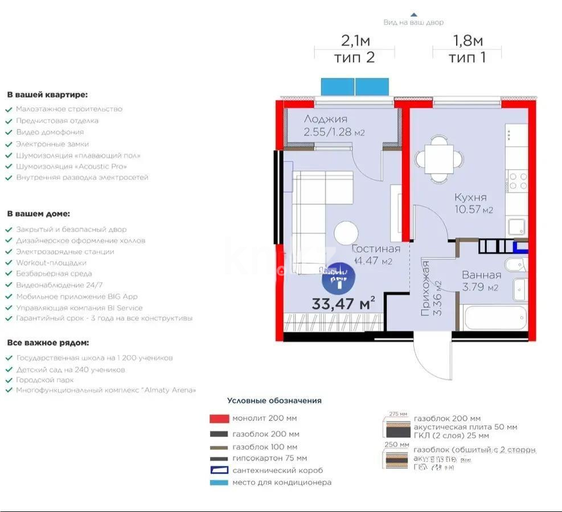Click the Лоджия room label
tap(325, 119)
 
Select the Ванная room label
tap(481, 275)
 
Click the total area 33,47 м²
tap(343, 303)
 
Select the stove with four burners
tap(517, 181)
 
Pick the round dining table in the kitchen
tap(438, 159)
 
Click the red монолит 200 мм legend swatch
tap(219, 419)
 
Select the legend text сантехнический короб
tap(277, 470)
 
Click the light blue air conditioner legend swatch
tap(219, 483)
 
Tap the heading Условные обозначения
tap(274, 400)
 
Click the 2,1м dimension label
tap(355, 40)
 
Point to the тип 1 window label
tap(467, 57)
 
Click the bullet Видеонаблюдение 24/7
tap(59, 285)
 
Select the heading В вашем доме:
tap(39, 214)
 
